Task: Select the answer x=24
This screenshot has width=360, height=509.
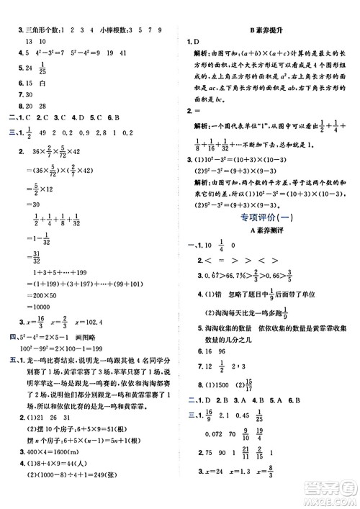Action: pos(210,492)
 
